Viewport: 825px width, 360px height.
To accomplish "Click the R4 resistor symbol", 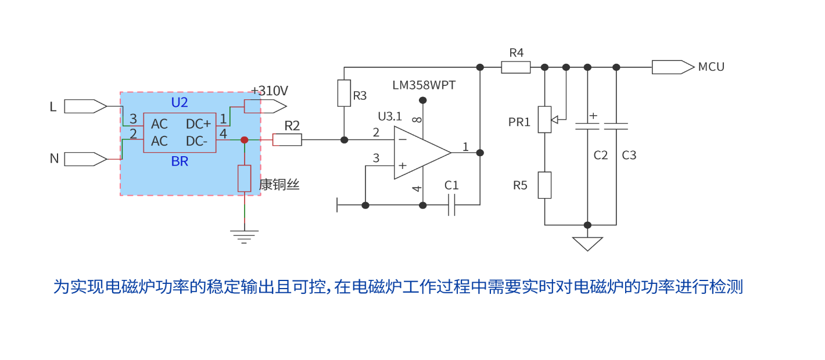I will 516,67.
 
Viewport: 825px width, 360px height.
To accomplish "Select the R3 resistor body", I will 344,93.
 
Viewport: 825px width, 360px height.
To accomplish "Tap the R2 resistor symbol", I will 287,140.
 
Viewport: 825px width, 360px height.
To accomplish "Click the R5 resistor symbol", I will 544,185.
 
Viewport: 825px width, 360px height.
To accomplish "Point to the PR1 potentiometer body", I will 544,119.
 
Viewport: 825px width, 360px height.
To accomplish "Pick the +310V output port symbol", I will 265,106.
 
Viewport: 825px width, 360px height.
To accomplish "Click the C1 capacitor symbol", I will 451,205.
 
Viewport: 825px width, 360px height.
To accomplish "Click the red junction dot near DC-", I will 245,140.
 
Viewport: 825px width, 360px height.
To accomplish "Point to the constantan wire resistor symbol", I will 245,178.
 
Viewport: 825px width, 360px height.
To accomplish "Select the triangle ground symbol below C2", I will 587,243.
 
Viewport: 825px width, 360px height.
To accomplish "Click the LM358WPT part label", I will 424,85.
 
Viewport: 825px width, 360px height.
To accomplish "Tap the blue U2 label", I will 180,103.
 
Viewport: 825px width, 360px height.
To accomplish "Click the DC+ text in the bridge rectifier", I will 198,124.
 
